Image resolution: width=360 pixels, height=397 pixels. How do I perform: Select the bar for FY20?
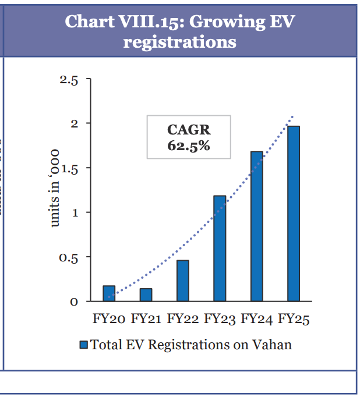pyautogui.click(x=109, y=293)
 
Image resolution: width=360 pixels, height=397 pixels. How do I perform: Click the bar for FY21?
pyautogui.click(x=146, y=295)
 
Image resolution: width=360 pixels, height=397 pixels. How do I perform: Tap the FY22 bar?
pyautogui.click(x=182, y=281)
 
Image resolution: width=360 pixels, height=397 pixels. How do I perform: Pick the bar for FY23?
pyautogui.click(x=220, y=249)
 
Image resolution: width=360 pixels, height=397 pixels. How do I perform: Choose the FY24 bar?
pyautogui.click(x=257, y=226)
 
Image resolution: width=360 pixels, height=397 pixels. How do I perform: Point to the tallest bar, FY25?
pyautogui.click(x=294, y=214)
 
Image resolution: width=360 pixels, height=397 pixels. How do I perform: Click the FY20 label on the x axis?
pyautogui.click(x=109, y=319)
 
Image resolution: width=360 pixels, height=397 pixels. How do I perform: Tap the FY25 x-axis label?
pyautogui.click(x=294, y=319)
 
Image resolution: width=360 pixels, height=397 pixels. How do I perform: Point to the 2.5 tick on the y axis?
pyautogui.click(x=69, y=80)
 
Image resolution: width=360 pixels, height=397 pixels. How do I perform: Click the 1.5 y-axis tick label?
pyautogui.click(x=69, y=169)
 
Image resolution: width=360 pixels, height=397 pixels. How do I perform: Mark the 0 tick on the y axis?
pyautogui.click(x=73, y=302)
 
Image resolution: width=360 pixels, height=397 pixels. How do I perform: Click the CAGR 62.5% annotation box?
pyautogui.click(x=189, y=137)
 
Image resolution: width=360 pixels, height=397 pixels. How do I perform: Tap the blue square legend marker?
pyautogui.click(x=83, y=345)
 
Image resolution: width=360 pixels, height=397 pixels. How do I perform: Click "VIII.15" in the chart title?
pyautogui.click(x=143, y=22)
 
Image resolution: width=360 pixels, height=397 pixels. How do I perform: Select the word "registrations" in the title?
pyautogui.click(x=180, y=42)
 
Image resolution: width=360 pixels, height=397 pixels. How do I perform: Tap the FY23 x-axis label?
pyautogui.click(x=220, y=319)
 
